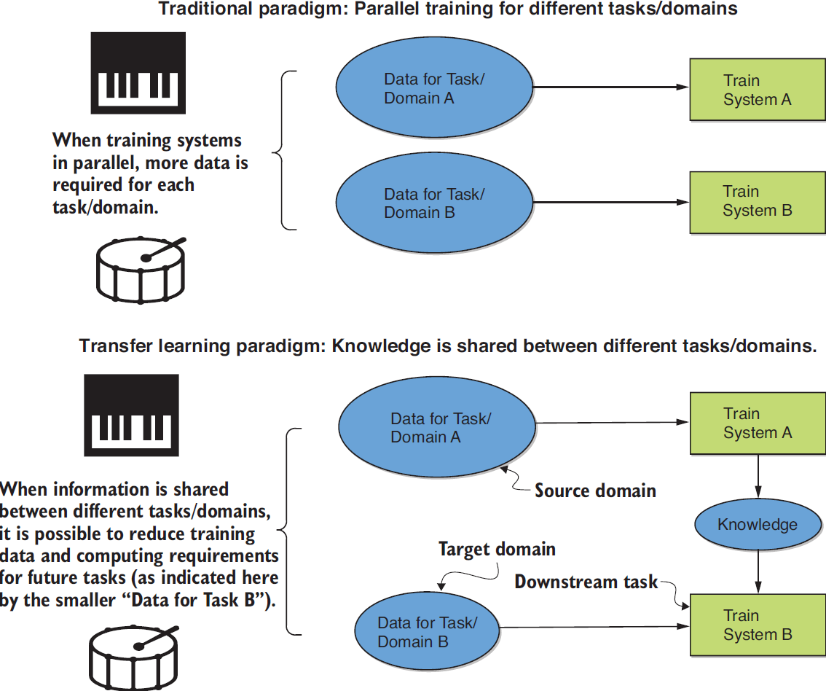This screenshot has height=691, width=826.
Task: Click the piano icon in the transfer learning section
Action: (131, 415)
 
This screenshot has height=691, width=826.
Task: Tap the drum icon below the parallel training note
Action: (141, 269)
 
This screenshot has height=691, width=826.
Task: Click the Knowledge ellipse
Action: (758, 525)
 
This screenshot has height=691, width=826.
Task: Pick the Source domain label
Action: (595, 491)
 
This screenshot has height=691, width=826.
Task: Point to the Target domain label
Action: (497, 549)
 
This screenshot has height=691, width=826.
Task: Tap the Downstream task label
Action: (586, 582)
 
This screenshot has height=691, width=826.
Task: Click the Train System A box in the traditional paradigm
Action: (758, 90)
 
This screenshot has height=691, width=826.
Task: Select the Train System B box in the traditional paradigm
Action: (758, 201)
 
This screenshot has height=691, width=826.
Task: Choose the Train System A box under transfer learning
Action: (758, 423)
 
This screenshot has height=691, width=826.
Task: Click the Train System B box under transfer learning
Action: (758, 625)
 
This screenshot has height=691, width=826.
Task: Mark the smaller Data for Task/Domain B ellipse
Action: (428, 632)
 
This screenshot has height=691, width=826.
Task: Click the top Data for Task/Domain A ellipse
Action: (434, 88)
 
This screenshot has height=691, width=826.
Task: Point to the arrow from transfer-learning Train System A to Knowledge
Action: (759, 478)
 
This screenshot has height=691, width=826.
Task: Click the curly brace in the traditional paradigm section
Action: (284, 151)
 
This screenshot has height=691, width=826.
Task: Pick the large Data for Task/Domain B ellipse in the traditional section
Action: (434, 203)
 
